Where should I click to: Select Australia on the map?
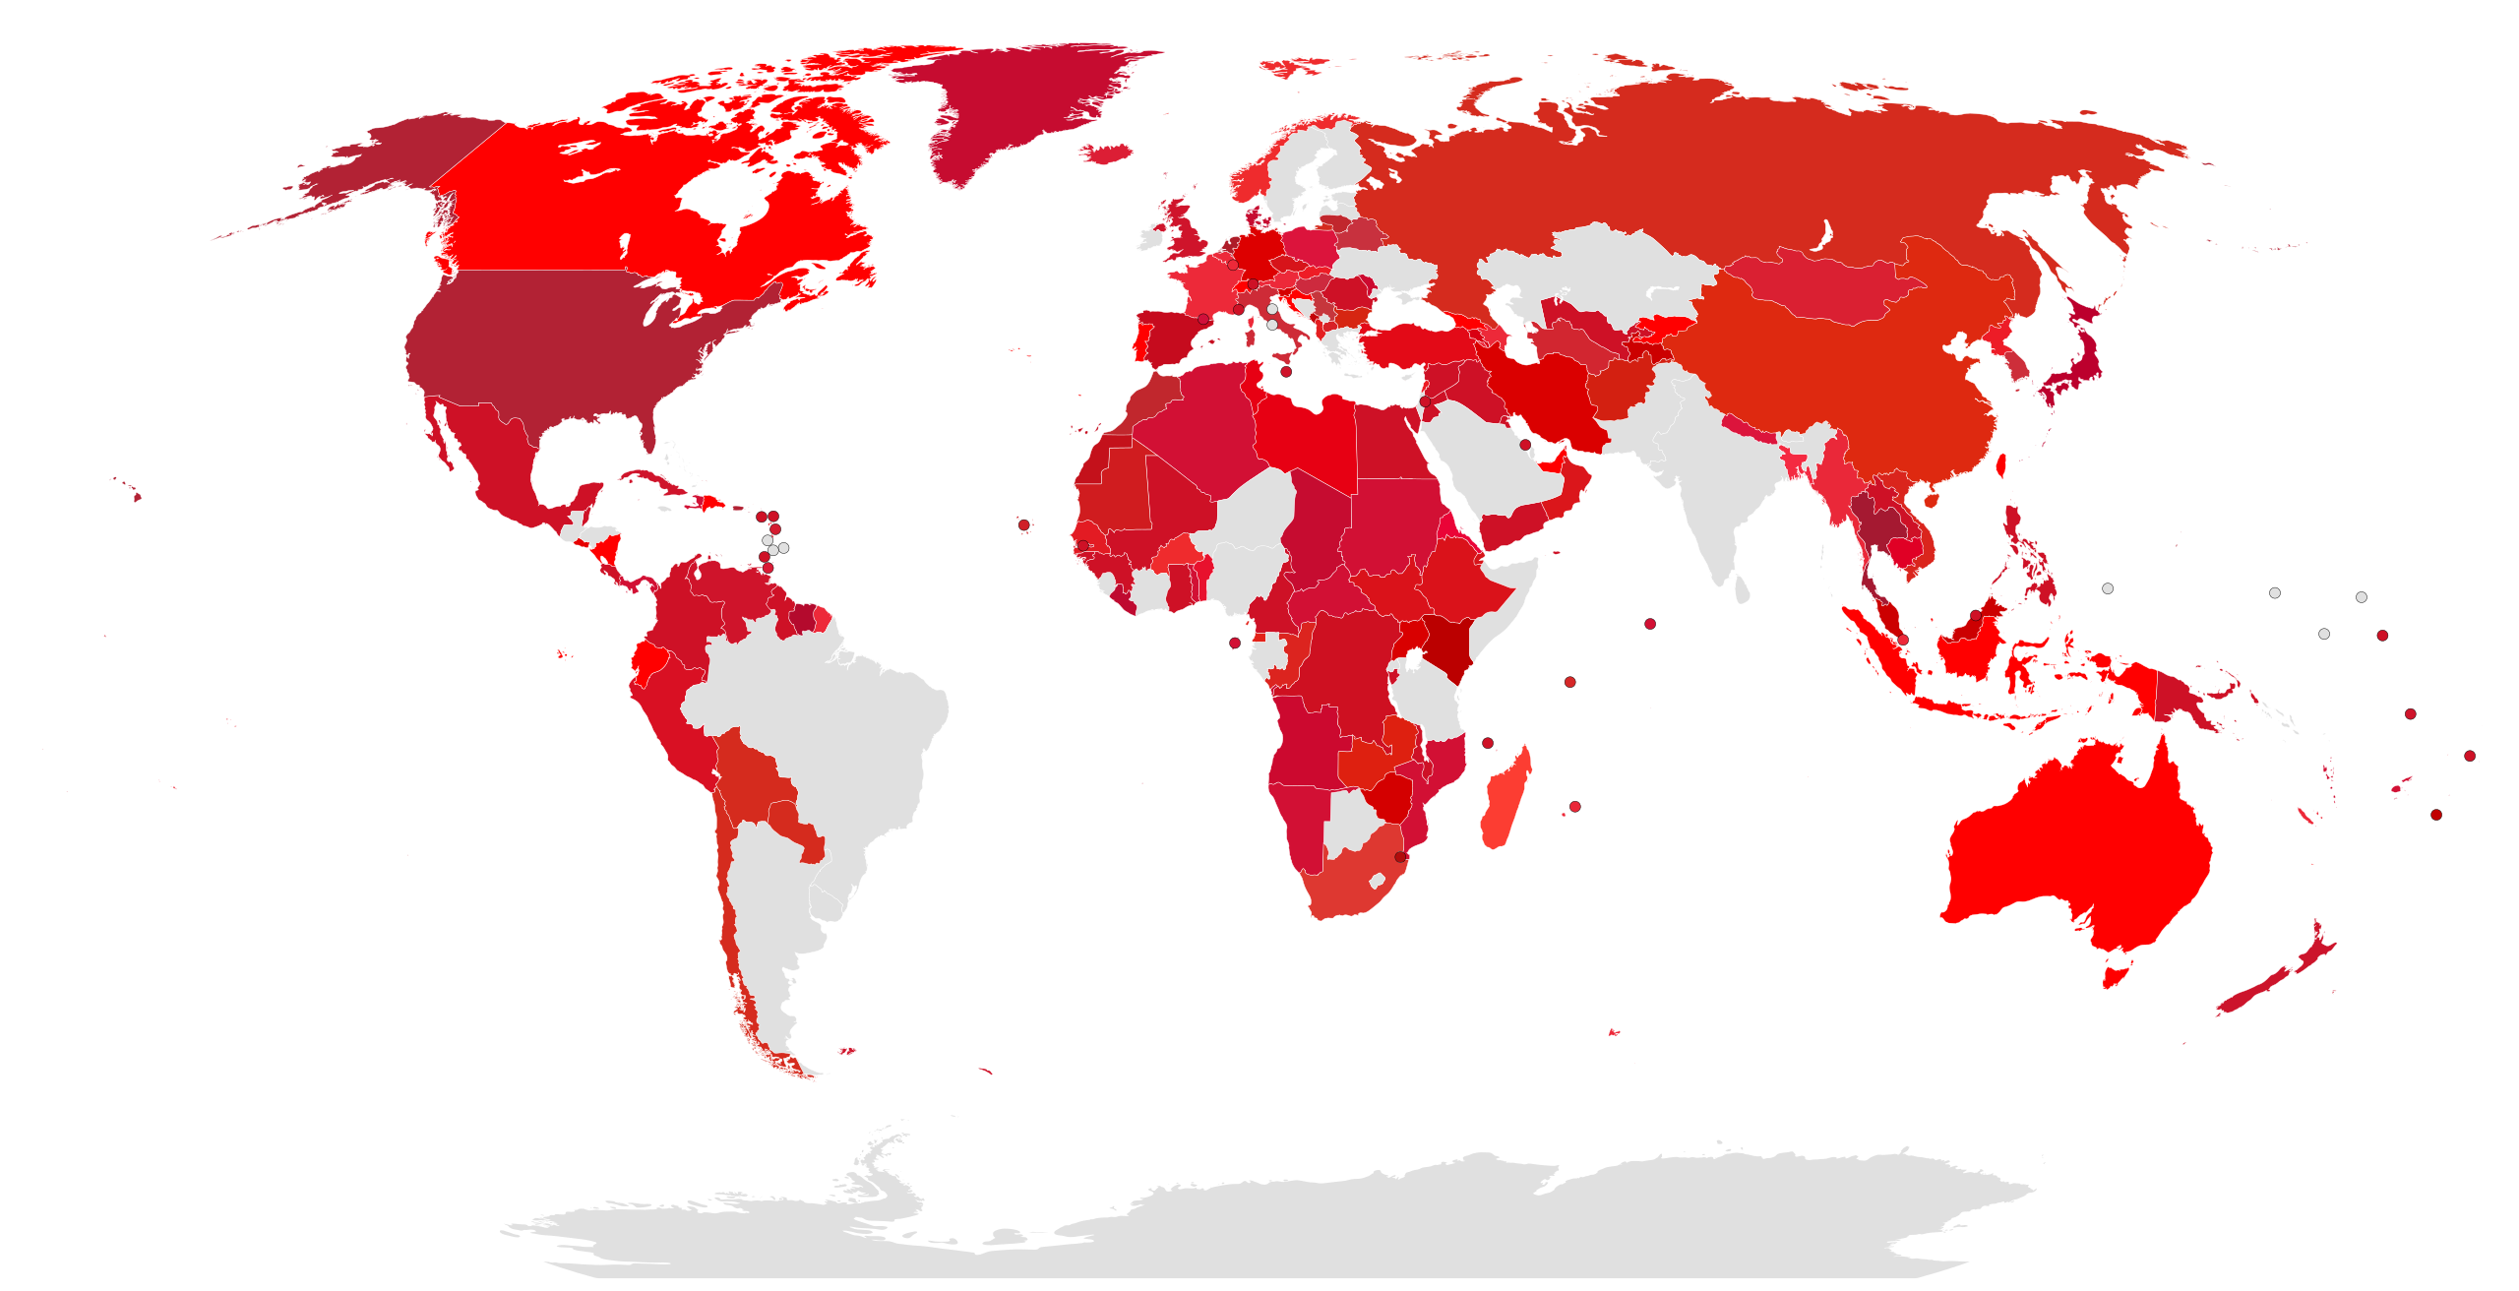coord(2076,846)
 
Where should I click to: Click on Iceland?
coord(1107,154)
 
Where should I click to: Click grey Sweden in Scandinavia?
coord(1299,177)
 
